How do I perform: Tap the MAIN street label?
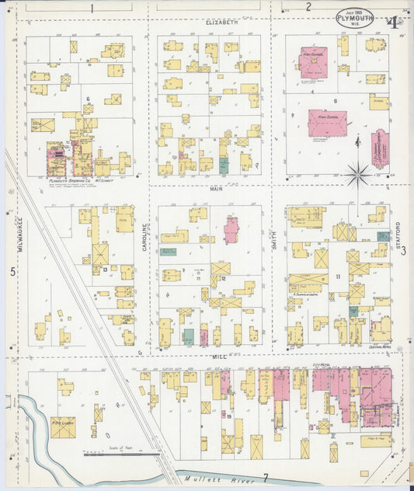[x=217, y=188]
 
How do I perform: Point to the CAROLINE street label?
[x=144, y=236]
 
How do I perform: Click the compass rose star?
[x=357, y=176]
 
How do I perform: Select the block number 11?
[x=338, y=277]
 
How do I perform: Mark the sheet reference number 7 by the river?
[x=265, y=476]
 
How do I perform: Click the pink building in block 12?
[x=231, y=231]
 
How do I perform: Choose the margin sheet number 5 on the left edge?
[x=12, y=272]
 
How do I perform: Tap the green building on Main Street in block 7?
[x=224, y=165]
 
